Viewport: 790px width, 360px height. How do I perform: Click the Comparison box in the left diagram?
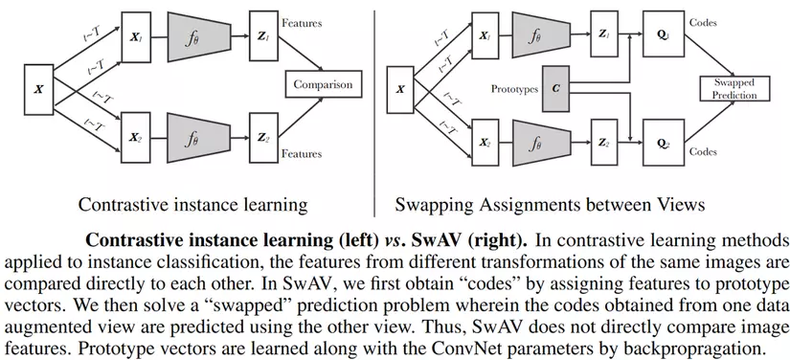(x=323, y=85)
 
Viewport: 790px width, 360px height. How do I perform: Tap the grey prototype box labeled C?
(x=557, y=88)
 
